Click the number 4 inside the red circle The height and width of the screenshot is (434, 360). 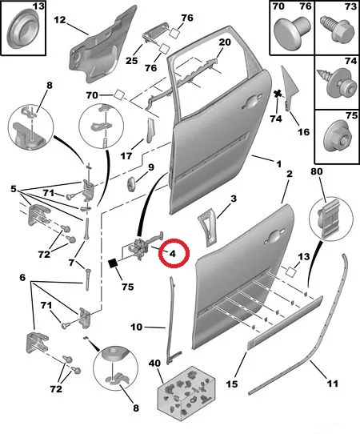(172, 254)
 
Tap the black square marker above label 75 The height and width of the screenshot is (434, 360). (113, 263)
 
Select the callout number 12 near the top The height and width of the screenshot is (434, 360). (60, 20)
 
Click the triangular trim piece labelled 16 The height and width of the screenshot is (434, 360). (290, 89)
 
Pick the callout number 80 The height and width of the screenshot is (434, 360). (317, 171)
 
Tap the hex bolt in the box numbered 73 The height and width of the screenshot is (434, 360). (338, 29)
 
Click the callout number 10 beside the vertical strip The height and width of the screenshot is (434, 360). (136, 328)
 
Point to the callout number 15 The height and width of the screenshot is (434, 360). (232, 384)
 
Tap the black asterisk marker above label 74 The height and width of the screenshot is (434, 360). (278, 94)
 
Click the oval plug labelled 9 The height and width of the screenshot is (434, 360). (131, 183)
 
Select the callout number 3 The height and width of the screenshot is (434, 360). (234, 199)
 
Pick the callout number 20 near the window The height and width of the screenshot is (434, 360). (225, 42)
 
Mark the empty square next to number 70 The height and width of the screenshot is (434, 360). (119, 94)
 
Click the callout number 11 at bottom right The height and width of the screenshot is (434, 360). (332, 384)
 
